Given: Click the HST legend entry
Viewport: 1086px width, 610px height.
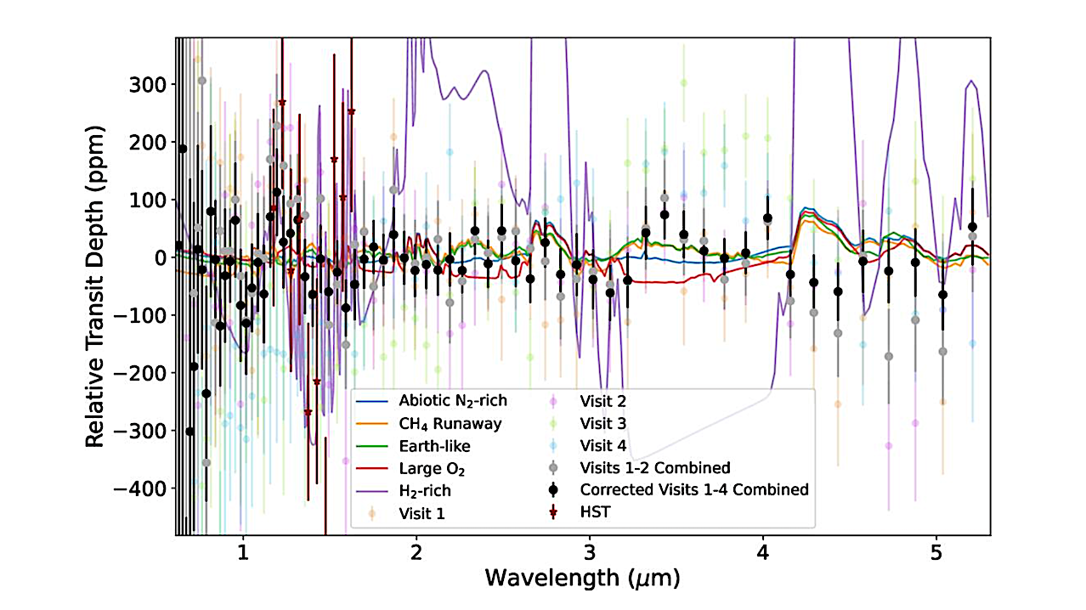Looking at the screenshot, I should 594,512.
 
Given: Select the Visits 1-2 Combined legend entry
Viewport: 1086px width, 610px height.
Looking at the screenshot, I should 654,467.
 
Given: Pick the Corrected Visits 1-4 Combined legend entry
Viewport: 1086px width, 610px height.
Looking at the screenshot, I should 693,490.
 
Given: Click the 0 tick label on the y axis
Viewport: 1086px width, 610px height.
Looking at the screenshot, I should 159,257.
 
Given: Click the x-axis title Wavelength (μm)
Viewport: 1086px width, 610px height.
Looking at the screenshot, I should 582,579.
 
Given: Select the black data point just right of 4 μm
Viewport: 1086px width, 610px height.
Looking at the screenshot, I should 767,218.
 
